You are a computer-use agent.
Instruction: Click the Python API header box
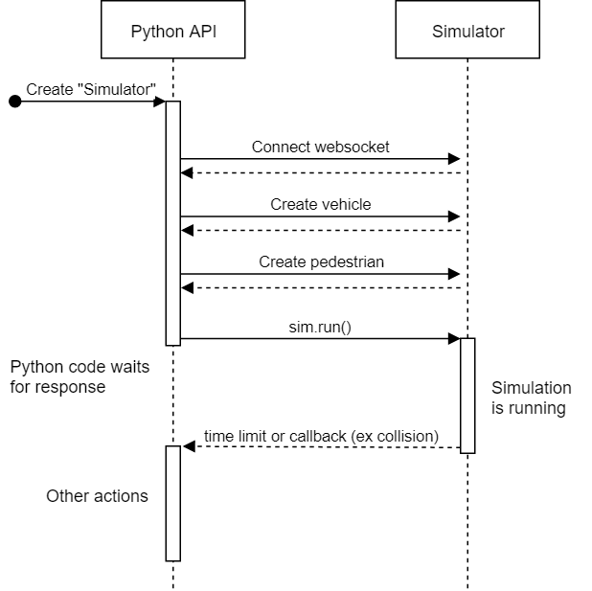tap(173, 32)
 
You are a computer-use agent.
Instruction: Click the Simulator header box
tap(467, 32)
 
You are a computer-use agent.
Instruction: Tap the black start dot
tap(14, 102)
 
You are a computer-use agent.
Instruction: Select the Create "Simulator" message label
tap(91, 89)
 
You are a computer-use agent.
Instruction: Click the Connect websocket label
tap(321, 147)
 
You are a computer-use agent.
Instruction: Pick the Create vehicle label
tap(321, 204)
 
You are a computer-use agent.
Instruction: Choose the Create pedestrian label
tap(321, 261)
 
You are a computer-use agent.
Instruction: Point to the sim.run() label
tap(321, 326)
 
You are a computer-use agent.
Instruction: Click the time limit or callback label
tap(321, 437)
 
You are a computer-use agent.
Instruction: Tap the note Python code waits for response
tap(79, 377)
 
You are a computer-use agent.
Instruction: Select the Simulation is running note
tap(531, 398)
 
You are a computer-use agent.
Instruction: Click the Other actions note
tap(97, 495)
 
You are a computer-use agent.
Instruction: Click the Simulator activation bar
tap(467, 395)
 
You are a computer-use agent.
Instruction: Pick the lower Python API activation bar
tap(173, 503)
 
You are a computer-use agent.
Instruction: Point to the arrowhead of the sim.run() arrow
tap(455, 338)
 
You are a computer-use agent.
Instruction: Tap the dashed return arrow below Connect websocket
tap(321, 172)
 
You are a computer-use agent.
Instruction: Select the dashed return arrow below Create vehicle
tap(321, 230)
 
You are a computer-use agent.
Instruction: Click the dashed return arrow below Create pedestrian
tap(321, 287)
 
